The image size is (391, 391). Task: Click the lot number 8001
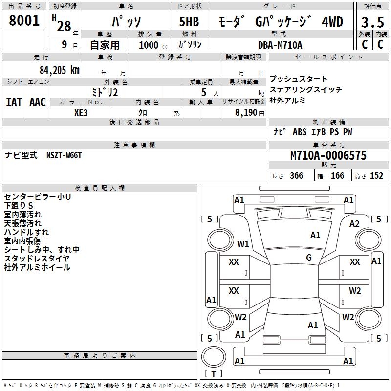coord(24,21)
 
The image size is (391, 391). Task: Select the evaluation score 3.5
coord(372,22)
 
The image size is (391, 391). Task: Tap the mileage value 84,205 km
coord(57,70)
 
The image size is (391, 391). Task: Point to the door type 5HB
coord(190,22)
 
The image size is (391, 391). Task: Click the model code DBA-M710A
coord(281,45)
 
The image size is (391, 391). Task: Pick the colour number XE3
coord(81,112)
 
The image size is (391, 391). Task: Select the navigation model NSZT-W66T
coord(64,155)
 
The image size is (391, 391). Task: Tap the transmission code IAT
coord(14,102)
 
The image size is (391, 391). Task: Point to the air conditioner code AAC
coord(38,102)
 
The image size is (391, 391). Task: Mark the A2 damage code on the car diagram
coord(354,223)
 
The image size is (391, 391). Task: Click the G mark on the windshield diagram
coord(309,258)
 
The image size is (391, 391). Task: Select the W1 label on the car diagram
coord(243,244)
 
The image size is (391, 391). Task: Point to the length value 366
coord(296,176)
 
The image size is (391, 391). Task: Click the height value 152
coord(376,176)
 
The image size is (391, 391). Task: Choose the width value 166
coord(337,176)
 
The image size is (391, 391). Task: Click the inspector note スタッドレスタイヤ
coord(37,259)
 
